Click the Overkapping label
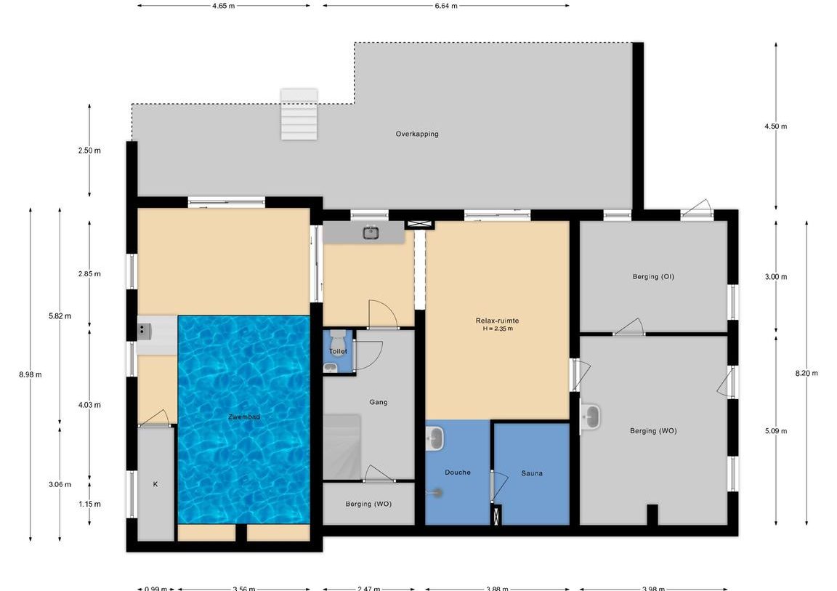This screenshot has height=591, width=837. pos(416,134)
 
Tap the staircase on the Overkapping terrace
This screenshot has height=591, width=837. pos(299,114)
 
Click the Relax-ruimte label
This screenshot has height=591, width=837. pos(497,321)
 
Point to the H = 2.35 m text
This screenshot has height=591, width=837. pos(497,329)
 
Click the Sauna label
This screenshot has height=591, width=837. pos(531,473)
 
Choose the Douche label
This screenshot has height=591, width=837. pos(457,473)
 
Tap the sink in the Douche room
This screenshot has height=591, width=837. pos(436,438)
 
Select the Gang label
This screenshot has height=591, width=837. pos(378,402)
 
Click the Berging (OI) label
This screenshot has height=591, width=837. pos(653,276)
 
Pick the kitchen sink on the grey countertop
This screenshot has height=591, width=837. pos(371,233)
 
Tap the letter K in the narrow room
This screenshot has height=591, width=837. pos(155,484)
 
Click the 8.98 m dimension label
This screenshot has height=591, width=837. pos(30,375)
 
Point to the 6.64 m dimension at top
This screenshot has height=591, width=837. pos(445,6)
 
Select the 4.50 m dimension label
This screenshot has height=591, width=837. pos(776,126)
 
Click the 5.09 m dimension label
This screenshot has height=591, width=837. pos(776,431)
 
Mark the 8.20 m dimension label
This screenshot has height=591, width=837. pos(806,374)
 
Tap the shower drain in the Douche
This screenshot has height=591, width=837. pos(438,492)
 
